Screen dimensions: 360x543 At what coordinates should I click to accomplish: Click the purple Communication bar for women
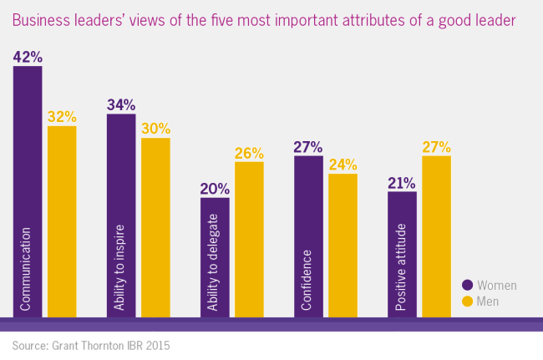(28, 192)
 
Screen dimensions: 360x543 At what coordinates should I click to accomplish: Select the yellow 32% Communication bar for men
(62, 221)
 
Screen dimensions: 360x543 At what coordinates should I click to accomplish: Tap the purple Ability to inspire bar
(121, 215)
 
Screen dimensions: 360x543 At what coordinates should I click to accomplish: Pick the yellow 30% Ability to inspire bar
(155, 227)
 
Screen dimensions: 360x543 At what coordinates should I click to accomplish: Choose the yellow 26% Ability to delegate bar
(249, 239)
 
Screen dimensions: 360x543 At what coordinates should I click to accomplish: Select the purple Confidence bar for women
(308, 236)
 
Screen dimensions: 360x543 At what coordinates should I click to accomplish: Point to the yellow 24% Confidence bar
(343, 246)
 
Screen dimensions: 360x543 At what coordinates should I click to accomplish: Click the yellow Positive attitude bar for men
(436, 236)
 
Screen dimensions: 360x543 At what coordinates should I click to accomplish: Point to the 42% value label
(28, 57)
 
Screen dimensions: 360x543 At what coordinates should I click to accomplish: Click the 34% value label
(121, 104)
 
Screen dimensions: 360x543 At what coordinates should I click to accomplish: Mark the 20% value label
(215, 189)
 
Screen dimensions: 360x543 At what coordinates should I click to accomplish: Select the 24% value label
(343, 165)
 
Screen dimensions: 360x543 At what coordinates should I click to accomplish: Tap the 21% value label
(402, 183)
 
